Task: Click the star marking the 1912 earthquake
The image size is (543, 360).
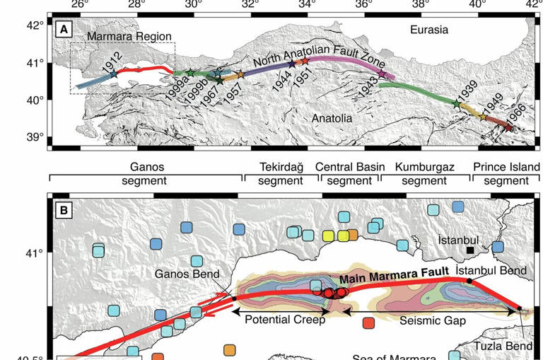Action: [x=113, y=74]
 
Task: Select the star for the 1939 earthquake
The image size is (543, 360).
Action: [x=456, y=103]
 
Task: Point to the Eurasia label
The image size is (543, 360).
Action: [x=429, y=30]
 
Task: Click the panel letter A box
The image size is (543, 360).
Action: [x=65, y=29]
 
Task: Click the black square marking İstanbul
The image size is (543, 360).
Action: [x=470, y=250]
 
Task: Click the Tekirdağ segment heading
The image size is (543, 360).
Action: [x=280, y=174]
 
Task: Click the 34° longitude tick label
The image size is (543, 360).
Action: [x=307, y=5]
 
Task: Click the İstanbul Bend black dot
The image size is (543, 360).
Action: [x=470, y=281]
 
